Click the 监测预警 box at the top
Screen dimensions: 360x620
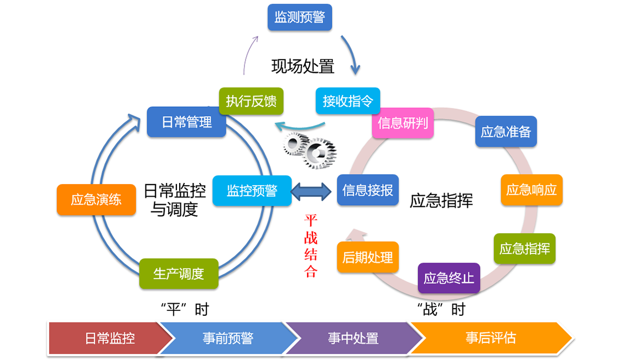click(x=299, y=17)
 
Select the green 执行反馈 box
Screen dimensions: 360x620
click(x=251, y=101)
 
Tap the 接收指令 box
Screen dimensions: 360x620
click(x=348, y=101)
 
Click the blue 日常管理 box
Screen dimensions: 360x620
click(x=186, y=122)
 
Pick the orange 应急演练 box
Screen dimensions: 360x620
click(x=96, y=200)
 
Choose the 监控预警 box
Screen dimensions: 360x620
click(x=252, y=190)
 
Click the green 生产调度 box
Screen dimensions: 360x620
click(x=179, y=273)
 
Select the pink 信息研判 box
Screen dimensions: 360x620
click(x=403, y=123)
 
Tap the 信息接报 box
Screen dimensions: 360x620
click(x=368, y=190)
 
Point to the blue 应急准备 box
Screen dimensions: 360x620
click(x=506, y=131)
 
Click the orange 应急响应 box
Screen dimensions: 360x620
click(x=532, y=190)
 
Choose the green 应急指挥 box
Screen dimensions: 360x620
click(x=524, y=248)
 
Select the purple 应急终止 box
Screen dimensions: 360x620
click(x=449, y=278)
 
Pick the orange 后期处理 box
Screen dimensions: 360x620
click(x=368, y=257)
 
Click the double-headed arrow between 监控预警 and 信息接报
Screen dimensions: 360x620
click(x=314, y=190)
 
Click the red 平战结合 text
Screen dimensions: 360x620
click(x=311, y=246)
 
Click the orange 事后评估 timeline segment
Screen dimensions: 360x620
click(x=490, y=338)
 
